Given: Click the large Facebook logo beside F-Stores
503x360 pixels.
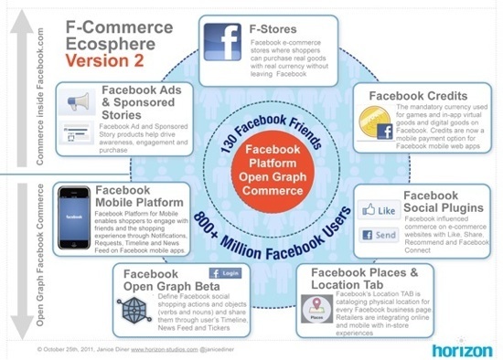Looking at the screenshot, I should coord(219,43).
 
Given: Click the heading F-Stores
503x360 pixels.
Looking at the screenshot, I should coord(271,28).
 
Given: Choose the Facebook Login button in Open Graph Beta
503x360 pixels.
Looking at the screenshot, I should coord(227,273).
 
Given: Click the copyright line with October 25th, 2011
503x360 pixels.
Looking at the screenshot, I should coord(133,349).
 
